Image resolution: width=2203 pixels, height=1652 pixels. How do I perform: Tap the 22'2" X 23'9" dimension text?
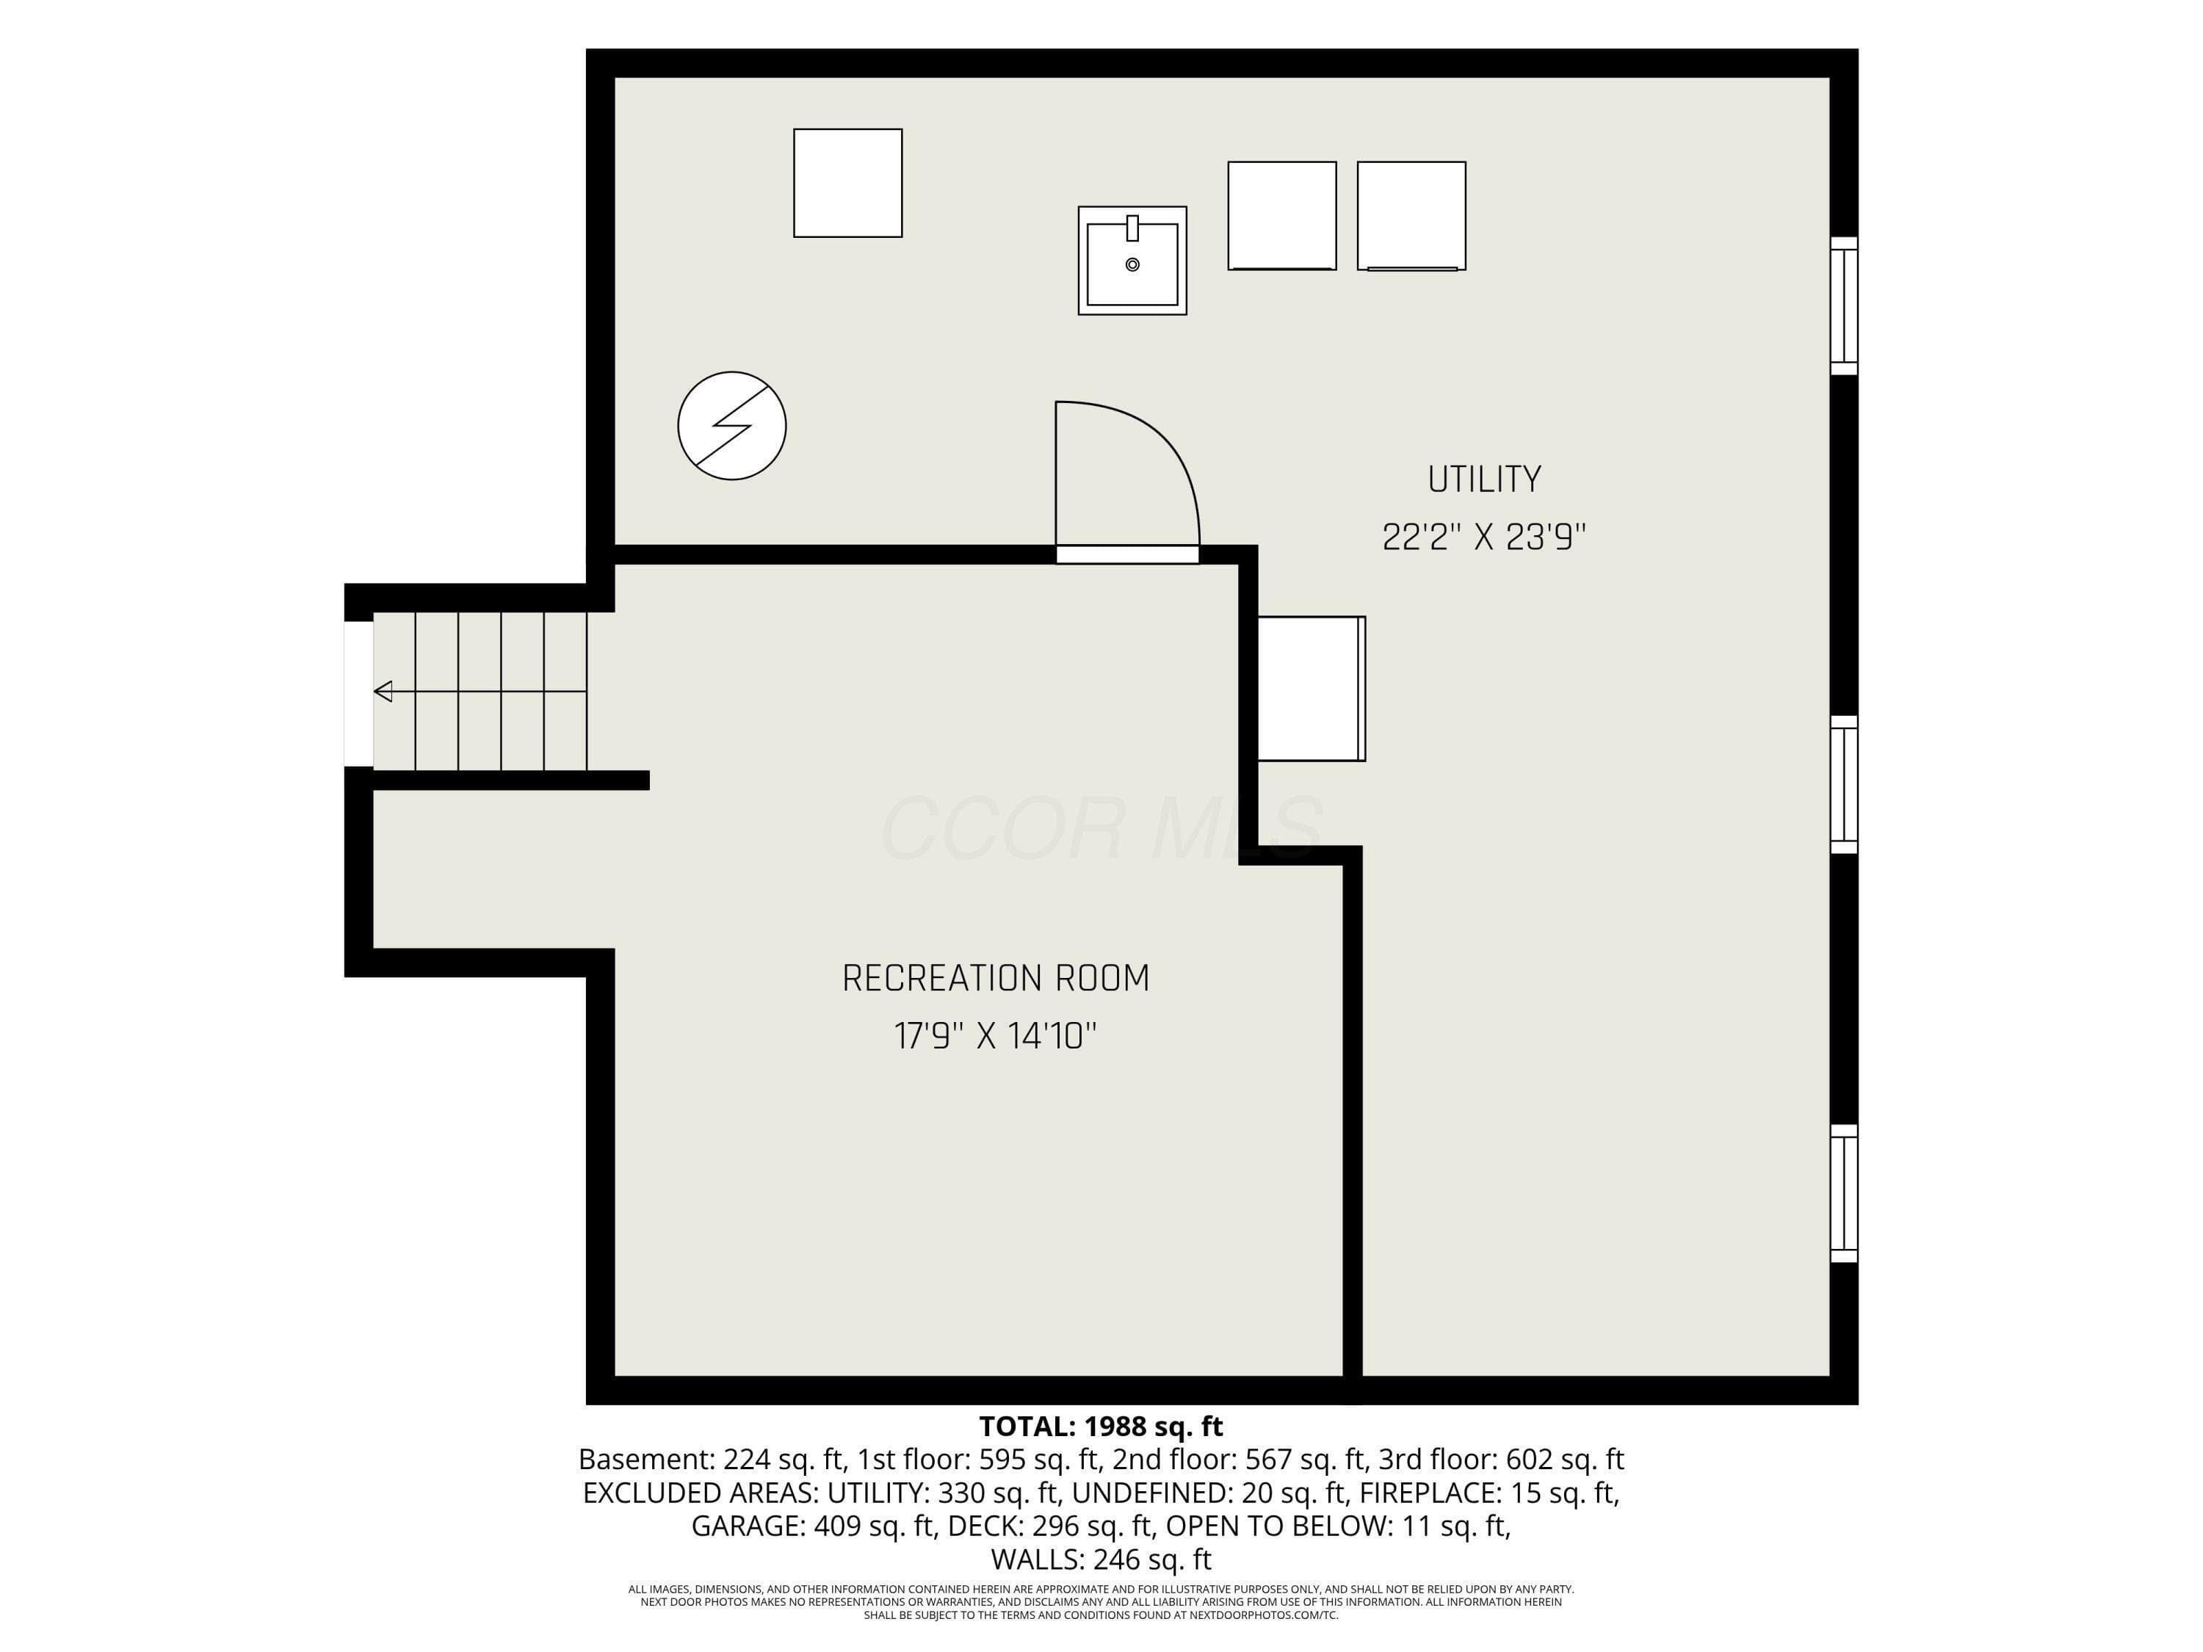point(1484,537)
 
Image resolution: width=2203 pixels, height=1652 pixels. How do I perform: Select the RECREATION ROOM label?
point(996,978)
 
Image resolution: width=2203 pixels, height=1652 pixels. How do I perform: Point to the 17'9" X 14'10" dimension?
point(996,1037)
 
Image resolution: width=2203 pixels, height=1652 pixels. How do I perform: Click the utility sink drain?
point(1132,265)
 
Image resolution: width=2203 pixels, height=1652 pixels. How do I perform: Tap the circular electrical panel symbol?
point(732,425)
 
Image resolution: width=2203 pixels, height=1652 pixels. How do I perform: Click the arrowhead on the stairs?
point(383,691)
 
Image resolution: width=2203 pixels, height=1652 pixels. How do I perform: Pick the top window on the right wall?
point(1845,305)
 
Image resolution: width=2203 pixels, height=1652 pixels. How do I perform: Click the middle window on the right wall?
point(1845,785)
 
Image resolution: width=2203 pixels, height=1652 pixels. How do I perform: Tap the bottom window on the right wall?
point(1845,1193)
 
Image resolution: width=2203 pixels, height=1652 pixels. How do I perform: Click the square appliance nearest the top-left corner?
point(847,184)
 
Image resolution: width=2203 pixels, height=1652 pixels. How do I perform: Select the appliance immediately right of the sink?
point(1281,216)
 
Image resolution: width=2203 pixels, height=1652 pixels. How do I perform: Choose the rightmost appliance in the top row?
point(1411,216)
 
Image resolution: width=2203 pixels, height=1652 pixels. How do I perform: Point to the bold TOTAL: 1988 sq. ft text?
point(1101,1426)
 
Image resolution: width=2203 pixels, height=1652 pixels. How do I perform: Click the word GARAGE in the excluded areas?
point(748,1526)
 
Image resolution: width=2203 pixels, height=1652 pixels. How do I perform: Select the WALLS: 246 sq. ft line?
point(1101,1559)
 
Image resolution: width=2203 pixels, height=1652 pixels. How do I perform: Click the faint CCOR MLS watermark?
point(1101,827)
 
